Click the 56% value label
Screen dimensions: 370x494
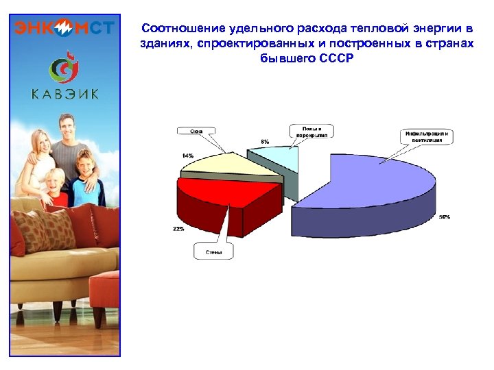pos(445,217)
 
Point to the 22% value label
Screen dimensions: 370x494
pos(178,229)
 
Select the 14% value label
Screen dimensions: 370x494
pos(187,156)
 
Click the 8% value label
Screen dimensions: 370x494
pos(265,141)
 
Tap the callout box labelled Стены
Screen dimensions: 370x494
pos(213,251)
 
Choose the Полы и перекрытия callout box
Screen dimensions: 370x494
pos(312,132)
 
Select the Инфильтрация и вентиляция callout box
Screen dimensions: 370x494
pos(425,136)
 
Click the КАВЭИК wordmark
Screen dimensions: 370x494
pos(64,94)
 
